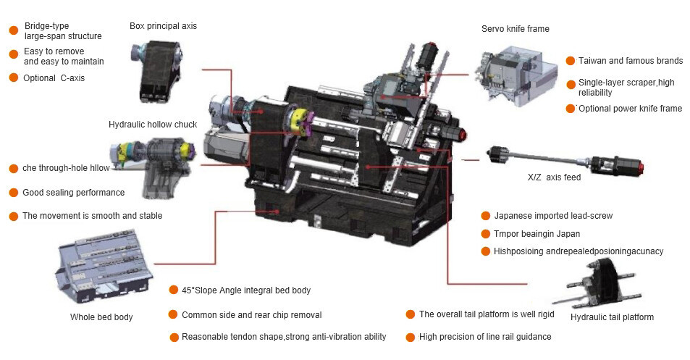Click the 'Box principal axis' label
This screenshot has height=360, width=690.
point(163,26)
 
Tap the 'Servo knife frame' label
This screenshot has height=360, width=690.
point(516,29)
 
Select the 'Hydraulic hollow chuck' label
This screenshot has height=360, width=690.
point(153,125)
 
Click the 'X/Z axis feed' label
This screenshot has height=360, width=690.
point(554,177)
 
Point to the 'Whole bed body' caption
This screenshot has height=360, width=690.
point(101,317)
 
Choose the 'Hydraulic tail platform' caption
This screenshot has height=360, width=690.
point(612,317)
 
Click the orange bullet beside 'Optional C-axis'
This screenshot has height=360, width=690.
point(14,78)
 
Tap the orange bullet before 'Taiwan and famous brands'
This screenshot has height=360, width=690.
point(571,61)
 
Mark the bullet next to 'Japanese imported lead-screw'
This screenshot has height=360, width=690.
point(485,216)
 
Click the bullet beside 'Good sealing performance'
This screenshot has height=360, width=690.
point(14,193)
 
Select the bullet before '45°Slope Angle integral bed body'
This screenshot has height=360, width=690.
point(173,290)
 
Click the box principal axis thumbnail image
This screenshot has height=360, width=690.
point(156,71)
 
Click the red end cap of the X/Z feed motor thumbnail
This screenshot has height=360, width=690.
point(641,167)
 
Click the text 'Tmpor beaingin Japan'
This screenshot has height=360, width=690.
point(537,234)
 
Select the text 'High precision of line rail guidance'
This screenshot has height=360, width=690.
point(485,337)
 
